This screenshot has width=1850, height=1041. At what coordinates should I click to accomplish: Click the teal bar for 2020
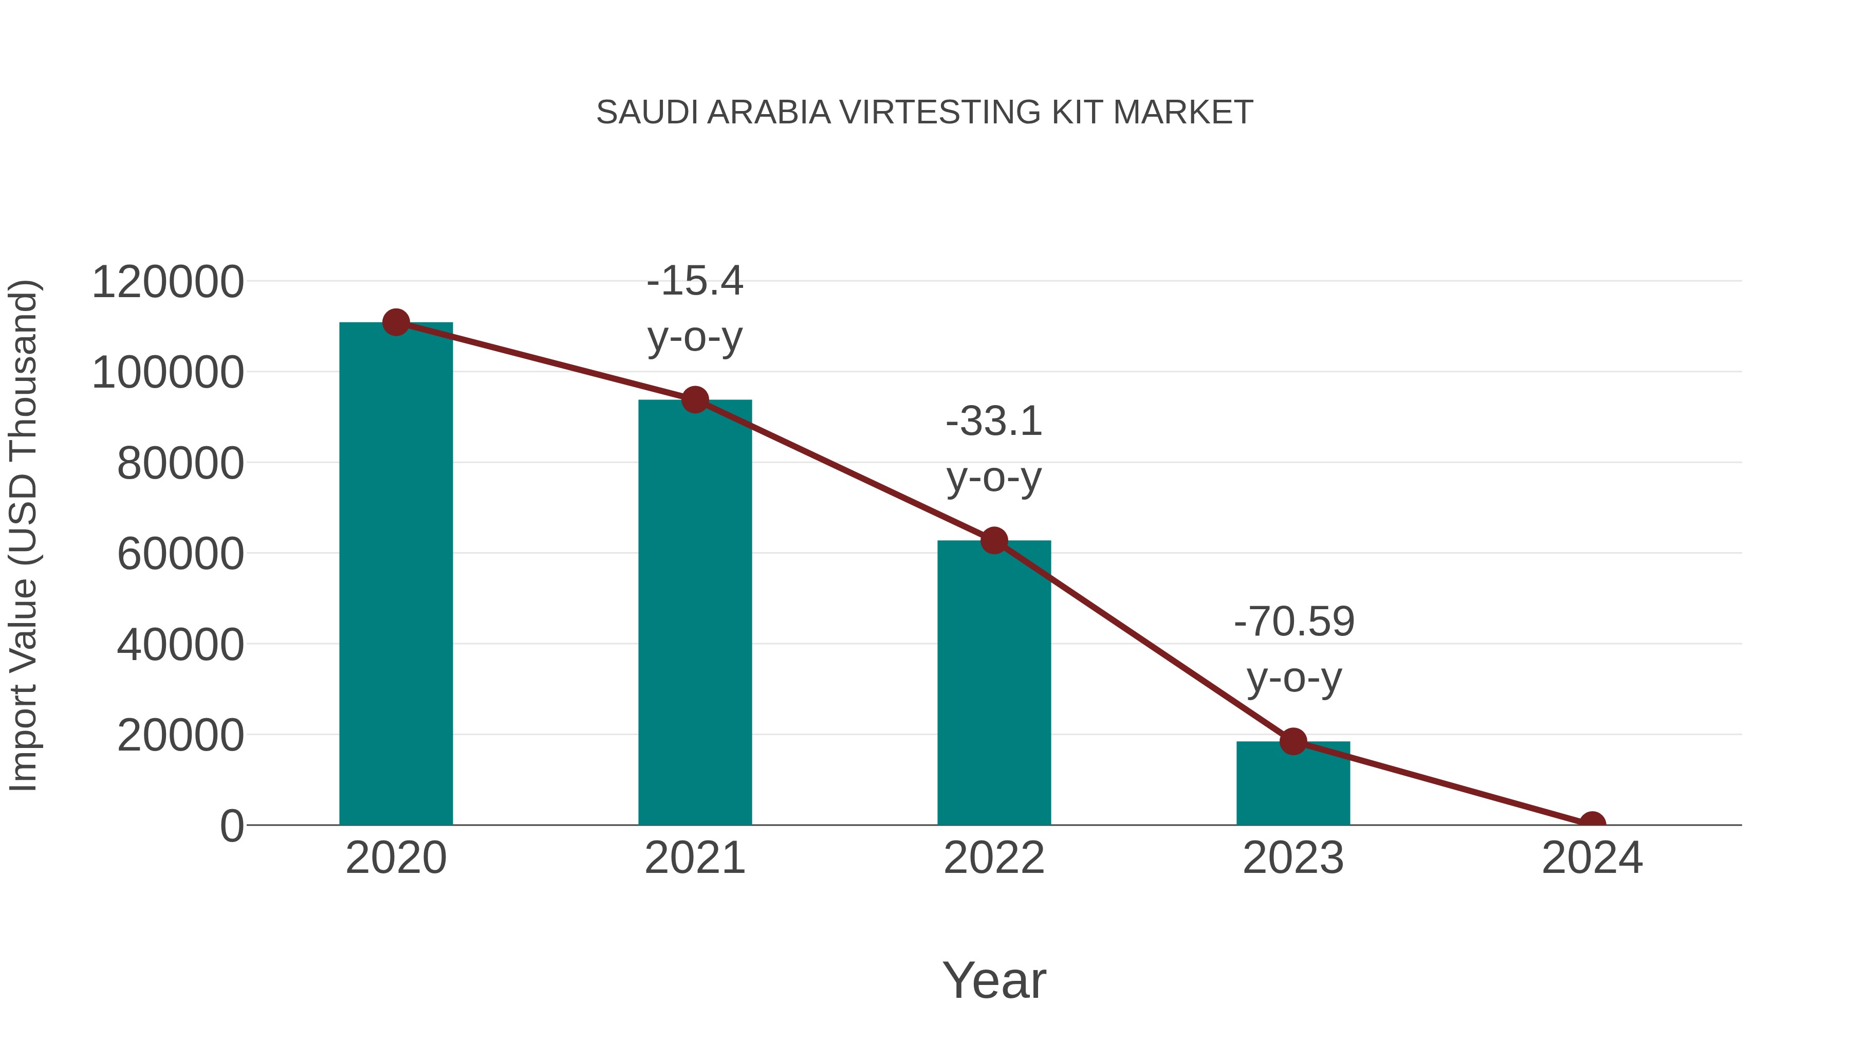tap(396, 575)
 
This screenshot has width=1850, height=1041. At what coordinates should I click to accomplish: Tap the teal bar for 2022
tap(993, 683)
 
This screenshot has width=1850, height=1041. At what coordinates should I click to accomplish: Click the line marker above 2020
tap(396, 322)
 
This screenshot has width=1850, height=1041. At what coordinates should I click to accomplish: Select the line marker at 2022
tap(993, 540)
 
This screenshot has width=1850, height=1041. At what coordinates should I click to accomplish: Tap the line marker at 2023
tap(1293, 741)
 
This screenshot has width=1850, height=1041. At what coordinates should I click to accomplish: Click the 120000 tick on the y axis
tap(168, 282)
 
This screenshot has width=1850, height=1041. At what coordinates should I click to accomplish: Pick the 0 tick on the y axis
tap(232, 826)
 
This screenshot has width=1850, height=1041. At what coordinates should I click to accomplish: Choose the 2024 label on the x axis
tap(1592, 858)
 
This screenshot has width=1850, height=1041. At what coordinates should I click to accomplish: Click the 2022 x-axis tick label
tap(993, 858)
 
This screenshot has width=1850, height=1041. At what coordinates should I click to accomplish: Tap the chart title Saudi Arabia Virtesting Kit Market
tap(924, 113)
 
